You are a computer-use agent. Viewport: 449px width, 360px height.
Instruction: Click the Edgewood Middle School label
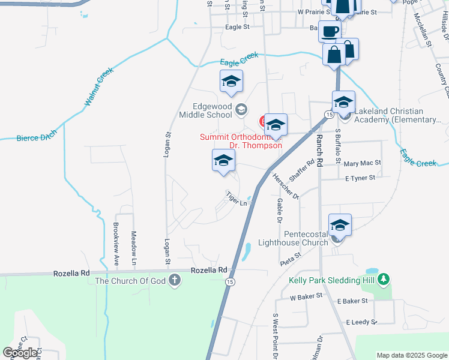pos(205,109)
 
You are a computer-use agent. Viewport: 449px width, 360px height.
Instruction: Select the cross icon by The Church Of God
pos(174,280)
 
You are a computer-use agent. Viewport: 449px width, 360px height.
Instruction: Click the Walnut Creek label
pos(98,87)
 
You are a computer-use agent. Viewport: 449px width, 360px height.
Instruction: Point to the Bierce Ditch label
pos(37,137)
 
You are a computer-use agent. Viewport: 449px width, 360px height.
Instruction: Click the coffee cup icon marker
pos(328,31)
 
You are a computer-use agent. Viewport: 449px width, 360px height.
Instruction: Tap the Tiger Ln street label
pos(237,198)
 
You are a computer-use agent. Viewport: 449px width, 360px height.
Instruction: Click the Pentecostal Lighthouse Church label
pos(293,238)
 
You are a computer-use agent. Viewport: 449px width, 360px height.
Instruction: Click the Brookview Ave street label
pos(116,244)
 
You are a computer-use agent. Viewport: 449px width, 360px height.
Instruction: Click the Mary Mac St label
pos(363,163)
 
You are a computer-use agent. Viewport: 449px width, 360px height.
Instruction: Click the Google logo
pos(20,353)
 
